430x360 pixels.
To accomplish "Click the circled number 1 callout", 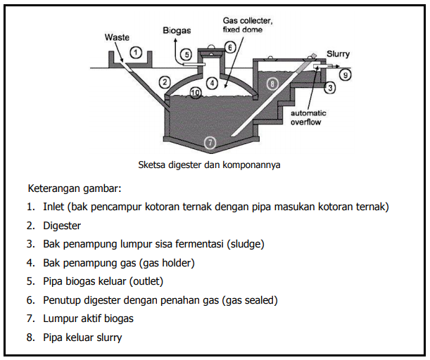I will [x=137, y=52].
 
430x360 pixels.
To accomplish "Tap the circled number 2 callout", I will [x=165, y=82].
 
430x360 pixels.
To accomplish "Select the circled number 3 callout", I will [x=329, y=88].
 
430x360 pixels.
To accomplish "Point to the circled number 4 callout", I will [x=212, y=82].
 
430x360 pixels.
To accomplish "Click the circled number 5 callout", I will [x=186, y=53].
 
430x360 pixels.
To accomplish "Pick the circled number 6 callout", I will [x=229, y=47].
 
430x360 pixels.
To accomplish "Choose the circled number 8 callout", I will [x=273, y=83].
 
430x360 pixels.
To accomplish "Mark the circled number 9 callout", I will [x=346, y=73].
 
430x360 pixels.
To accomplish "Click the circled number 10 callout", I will [x=195, y=92].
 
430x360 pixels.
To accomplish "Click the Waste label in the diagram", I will [x=117, y=37].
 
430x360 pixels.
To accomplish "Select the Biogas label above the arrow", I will [x=176, y=31].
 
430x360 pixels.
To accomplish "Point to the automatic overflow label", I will [x=311, y=117].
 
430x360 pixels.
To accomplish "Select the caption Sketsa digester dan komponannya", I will [x=210, y=167].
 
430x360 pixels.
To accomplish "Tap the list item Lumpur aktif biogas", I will [x=88, y=319].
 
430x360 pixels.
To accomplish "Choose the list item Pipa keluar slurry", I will [x=82, y=337].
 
